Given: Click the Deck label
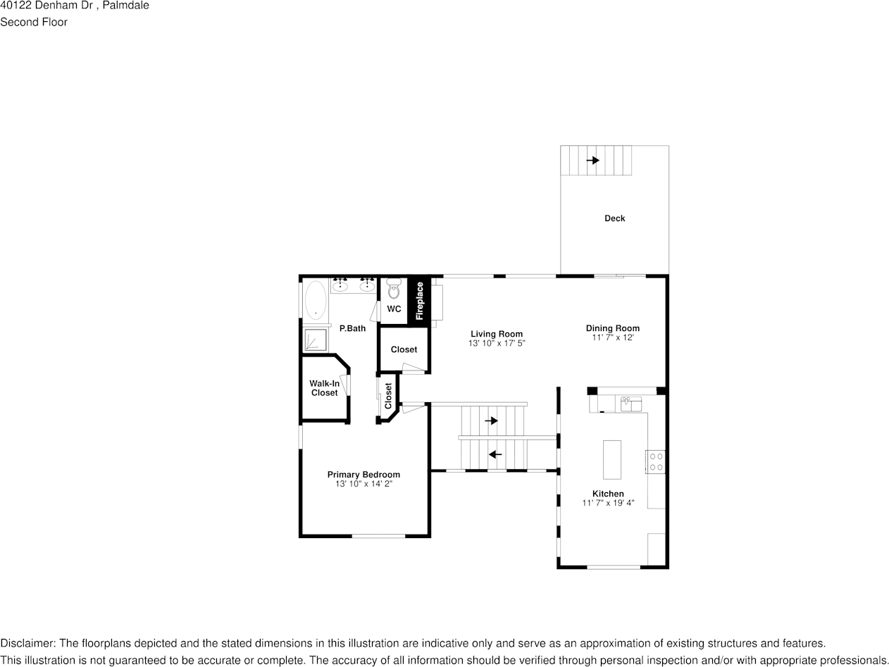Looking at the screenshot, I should click(614, 218).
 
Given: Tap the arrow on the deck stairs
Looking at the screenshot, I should click(592, 161).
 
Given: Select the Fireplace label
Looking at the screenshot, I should click(420, 301).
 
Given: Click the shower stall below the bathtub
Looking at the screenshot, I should click(316, 339).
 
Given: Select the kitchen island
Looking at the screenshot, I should click(611, 459).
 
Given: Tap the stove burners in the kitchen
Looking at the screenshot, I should click(655, 461).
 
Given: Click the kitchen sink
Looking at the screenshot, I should click(630, 404).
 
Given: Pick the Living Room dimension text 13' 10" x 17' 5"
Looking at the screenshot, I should click(497, 344).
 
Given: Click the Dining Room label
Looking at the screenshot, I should click(612, 328).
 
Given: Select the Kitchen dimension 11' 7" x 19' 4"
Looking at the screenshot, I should click(608, 503).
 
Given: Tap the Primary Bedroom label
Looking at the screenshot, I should click(363, 475).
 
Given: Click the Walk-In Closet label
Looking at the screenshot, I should click(324, 388).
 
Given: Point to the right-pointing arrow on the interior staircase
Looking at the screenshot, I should click(491, 420).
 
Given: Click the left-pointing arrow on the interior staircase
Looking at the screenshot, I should click(495, 454).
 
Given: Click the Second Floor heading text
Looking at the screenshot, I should click(34, 22).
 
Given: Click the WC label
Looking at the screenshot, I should click(394, 309).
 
